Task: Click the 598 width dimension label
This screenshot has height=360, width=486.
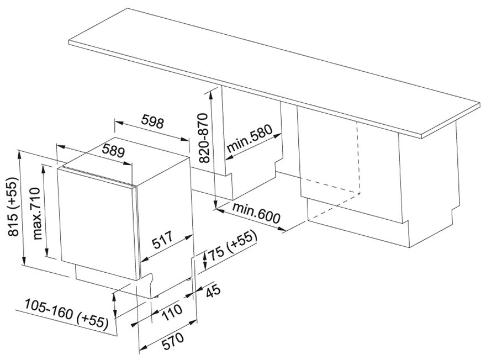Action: click(x=152, y=122)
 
